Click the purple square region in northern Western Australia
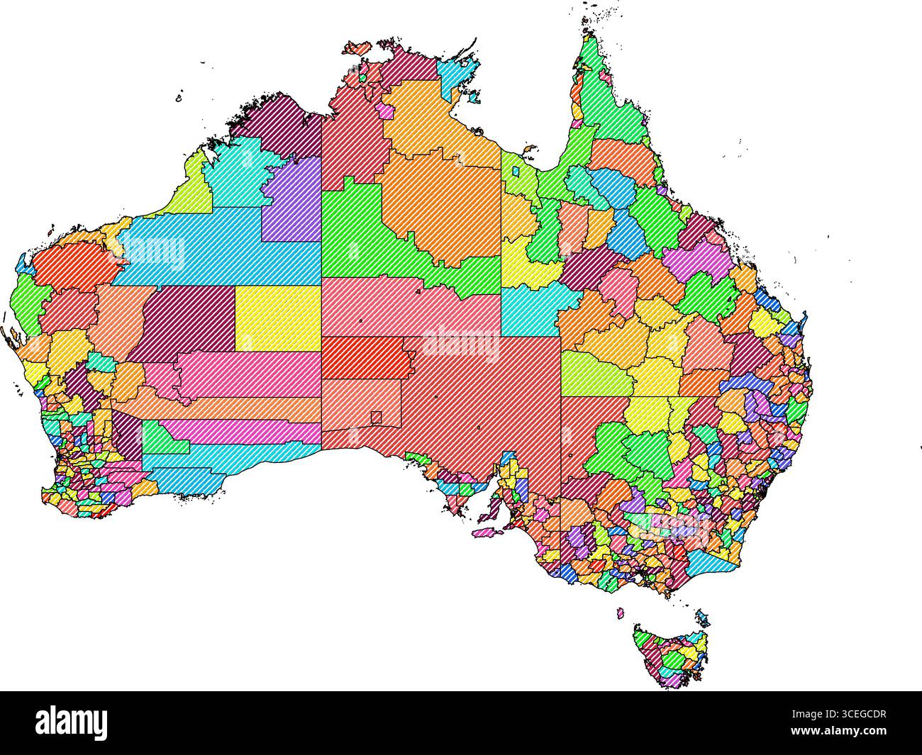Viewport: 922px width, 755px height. click(x=293, y=200)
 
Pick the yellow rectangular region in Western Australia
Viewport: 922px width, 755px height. click(x=277, y=318)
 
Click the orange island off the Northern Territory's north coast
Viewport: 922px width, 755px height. click(x=356, y=49)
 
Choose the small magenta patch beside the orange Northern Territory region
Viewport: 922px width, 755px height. click(x=387, y=111)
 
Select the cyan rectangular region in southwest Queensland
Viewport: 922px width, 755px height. click(x=528, y=312)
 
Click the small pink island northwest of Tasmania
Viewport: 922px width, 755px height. click(x=621, y=610)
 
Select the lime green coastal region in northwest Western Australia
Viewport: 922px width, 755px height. click(x=190, y=188)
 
